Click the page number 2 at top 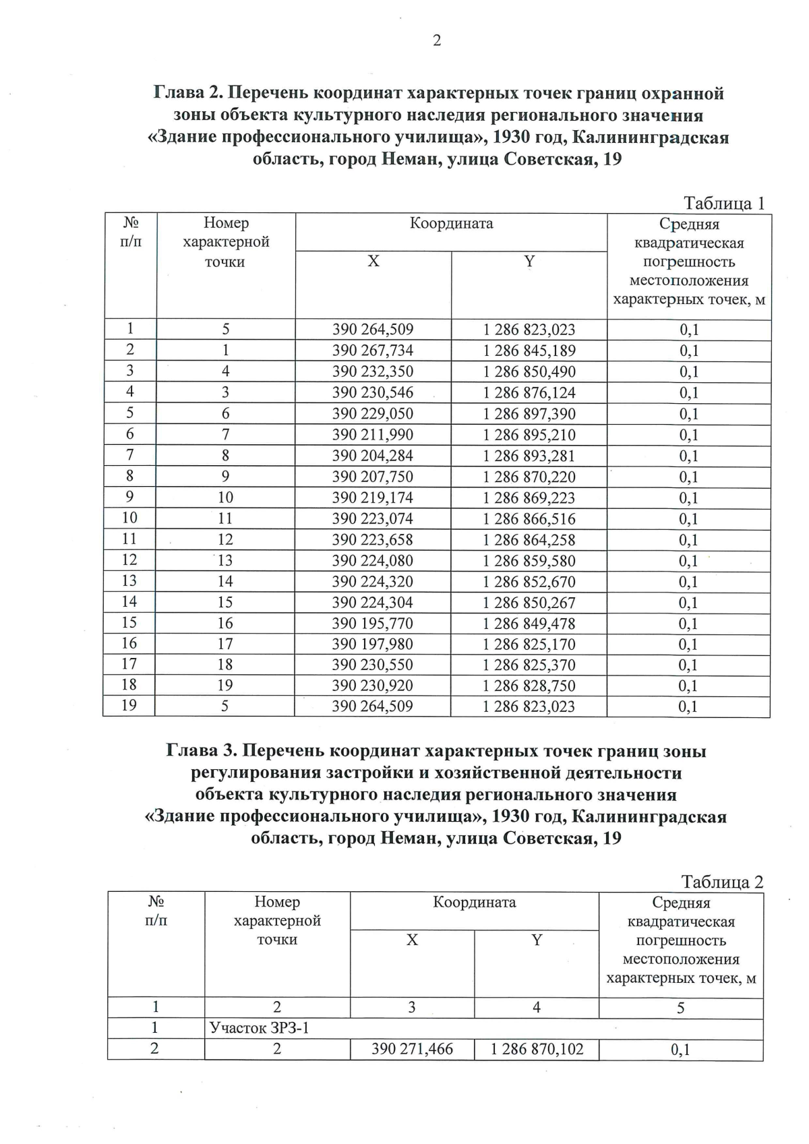[x=437, y=41]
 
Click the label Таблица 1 [x=725, y=203]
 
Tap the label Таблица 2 [x=722, y=882]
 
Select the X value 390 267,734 [x=373, y=351]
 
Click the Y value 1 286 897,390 [x=529, y=414]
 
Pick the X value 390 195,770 [x=373, y=624]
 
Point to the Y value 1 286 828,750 [x=529, y=686]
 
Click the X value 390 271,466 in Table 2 [x=412, y=1049]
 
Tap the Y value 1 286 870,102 [x=537, y=1049]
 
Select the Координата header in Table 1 [x=451, y=224]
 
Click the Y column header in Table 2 [x=537, y=940]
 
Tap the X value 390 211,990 [x=373, y=435]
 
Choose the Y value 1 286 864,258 [x=529, y=540]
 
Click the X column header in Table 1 [x=373, y=262]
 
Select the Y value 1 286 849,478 [x=529, y=624]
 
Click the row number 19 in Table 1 [x=129, y=705]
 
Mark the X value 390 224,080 [x=373, y=561]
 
